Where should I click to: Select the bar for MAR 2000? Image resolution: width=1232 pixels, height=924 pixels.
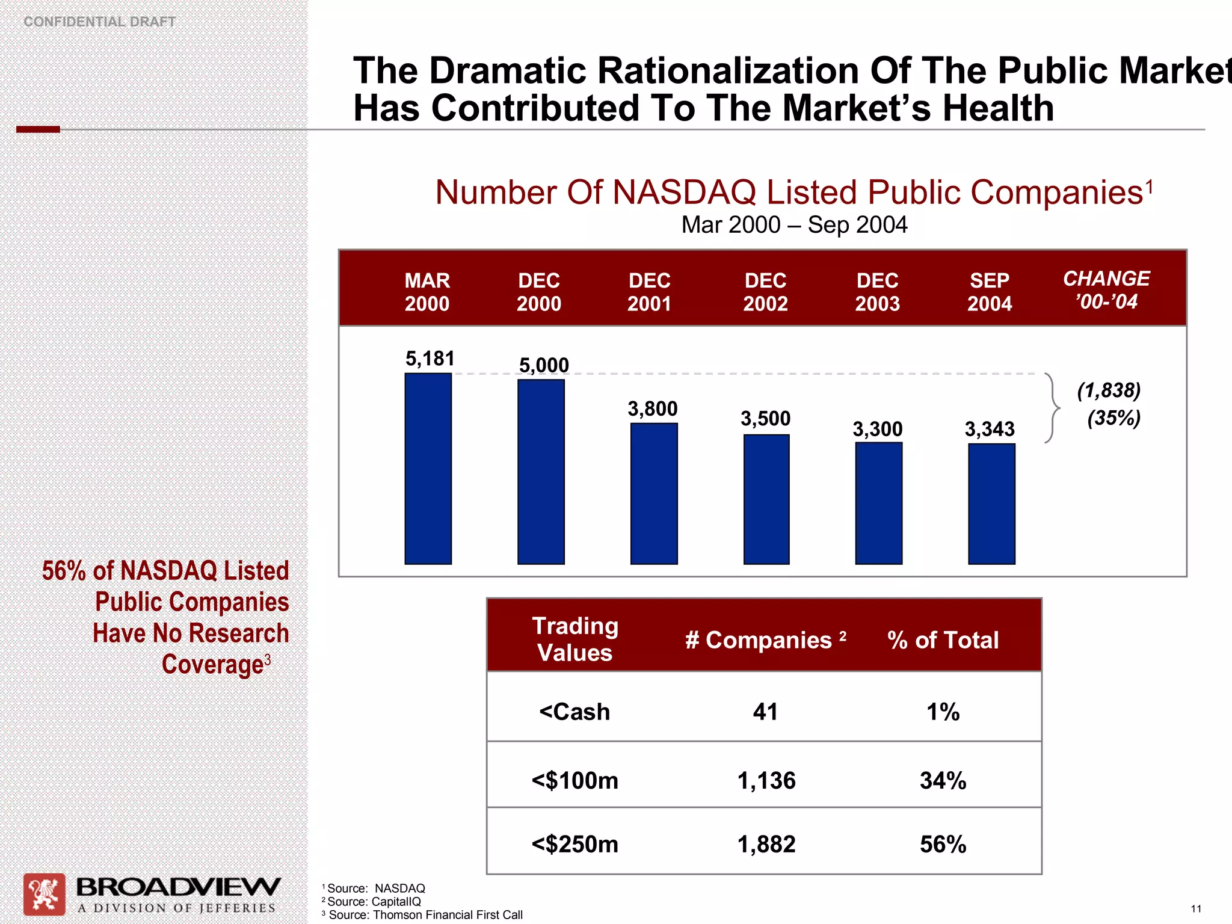pyautogui.click(x=428, y=469)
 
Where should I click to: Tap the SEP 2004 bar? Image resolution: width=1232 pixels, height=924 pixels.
pyautogui.click(x=991, y=504)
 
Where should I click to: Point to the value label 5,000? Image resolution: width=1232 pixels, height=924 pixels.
pyautogui.click(x=544, y=365)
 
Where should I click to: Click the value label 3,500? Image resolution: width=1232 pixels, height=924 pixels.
pyautogui.click(x=765, y=418)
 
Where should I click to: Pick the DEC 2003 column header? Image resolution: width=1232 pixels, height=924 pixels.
pyautogui.click(x=877, y=292)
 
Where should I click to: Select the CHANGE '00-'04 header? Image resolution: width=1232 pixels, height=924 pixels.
pyautogui.click(x=1106, y=289)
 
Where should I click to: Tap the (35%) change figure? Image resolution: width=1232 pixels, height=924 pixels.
pyautogui.click(x=1113, y=417)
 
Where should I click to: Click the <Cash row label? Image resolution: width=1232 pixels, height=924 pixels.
pyautogui.click(x=574, y=712)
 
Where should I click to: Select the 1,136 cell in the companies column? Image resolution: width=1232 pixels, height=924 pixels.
pyautogui.click(x=766, y=780)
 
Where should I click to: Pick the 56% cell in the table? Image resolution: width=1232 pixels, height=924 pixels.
pyautogui.click(x=943, y=844)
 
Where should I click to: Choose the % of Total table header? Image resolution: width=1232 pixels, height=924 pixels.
pyautogui.click(x=943, y=639)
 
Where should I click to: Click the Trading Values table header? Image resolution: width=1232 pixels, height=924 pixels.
pyautogui.click(x=574, y=639)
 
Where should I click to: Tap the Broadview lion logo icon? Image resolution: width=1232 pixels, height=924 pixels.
pyautogui.click(x=45, y=894)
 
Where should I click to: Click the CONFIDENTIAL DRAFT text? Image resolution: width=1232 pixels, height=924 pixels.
pyautogui.click(x=99, y=22)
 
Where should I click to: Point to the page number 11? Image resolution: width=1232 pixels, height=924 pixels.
pyautogui.click(x=1195, y=908)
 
